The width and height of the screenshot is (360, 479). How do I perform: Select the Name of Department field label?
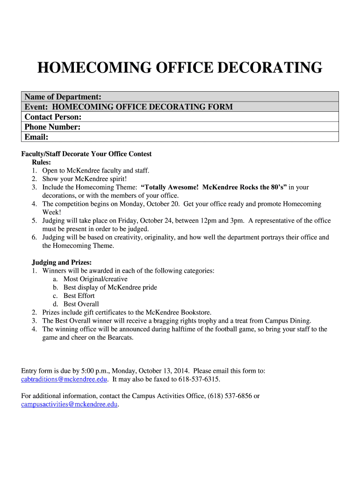coord(63,97)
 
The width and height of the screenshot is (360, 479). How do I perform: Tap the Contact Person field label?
coord(53,117)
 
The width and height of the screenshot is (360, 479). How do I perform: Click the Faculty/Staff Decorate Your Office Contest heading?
coord(86,154)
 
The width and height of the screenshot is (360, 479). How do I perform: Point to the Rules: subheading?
coord(41,162)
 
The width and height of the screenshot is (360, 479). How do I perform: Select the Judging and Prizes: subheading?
coord(61,262)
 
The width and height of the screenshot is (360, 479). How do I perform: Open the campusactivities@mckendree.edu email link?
coord(69,405)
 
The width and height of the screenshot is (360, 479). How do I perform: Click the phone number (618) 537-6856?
coord(229,396)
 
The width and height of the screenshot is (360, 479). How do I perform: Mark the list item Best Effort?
coord(79,296)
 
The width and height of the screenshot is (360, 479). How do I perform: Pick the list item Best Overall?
coord(81,304)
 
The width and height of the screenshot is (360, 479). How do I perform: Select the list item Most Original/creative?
coord(95,279)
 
